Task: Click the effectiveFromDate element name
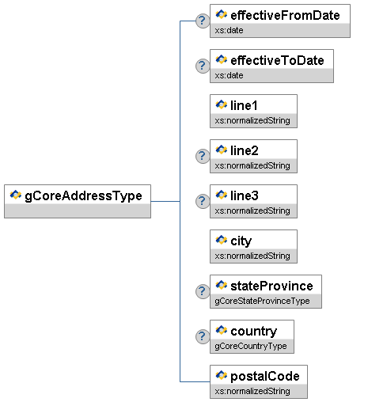click(285, 15)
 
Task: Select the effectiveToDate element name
click(277, 60)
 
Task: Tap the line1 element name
click(244, 105)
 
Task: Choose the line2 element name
click(245, 150)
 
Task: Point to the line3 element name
click(245, 195)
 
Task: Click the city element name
click(241, 241)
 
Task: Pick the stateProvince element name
click(271, 286)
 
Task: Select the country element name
click(254, 332)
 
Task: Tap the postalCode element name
click(265, 377)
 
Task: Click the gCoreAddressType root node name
click(83, 196)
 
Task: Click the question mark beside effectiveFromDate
click(203, 21)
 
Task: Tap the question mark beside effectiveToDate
click(203, 66)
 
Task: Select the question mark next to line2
click(203, 156)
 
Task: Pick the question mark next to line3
click(203, 201)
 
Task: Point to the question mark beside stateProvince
click(203, 291)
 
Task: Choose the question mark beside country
click(203, 336)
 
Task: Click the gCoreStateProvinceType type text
click(262, 301)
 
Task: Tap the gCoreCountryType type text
click(251, 346)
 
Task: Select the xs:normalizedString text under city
click(252, 256)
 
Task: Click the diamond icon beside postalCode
click(222, 375)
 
